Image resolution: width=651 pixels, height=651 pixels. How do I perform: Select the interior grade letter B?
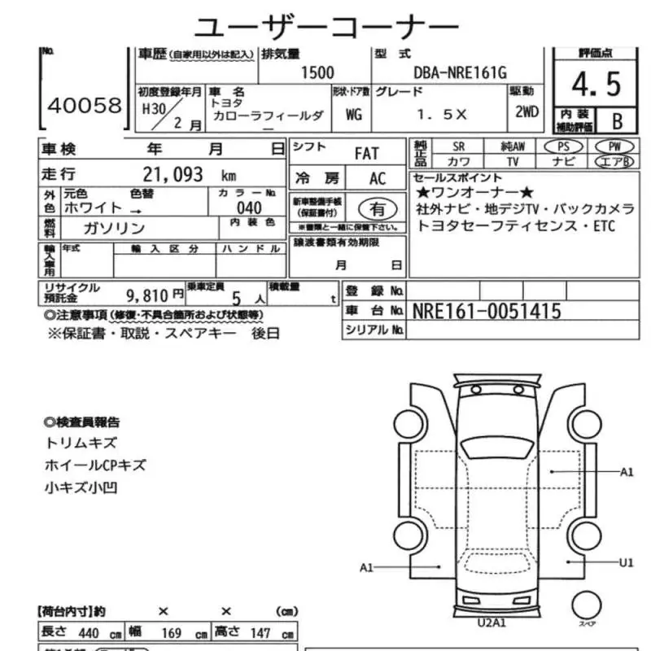tap(616, 121)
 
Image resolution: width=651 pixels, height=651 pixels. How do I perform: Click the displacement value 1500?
tap(317, 72)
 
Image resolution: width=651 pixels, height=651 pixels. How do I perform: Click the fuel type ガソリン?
tap(115, 229)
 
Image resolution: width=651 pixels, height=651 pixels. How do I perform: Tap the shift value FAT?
tap(366, 154)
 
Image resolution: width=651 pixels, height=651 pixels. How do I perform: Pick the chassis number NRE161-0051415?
tap(487, 311)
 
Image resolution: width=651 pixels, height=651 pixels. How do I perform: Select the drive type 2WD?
tap(526, 113)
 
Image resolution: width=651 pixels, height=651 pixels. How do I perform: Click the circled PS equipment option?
tap(563, 146)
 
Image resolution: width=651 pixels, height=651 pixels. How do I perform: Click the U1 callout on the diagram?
tap(626, 562)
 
